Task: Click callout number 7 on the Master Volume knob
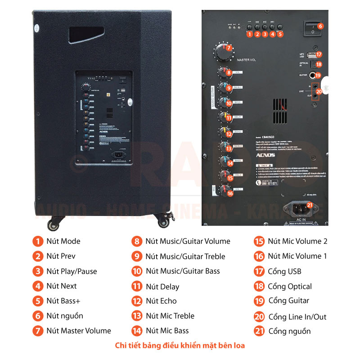pos(228,48)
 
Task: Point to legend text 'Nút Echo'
pos(161,301)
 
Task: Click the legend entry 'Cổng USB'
pos(284,271)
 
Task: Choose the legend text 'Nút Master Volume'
pos(79,331)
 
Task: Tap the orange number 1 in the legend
pos(38,241)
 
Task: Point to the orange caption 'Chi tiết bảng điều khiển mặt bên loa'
pos(180,346)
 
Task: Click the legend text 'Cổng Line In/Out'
pos(297,317)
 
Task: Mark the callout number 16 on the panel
pos(230,193)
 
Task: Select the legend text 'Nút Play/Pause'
pos(72,271)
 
